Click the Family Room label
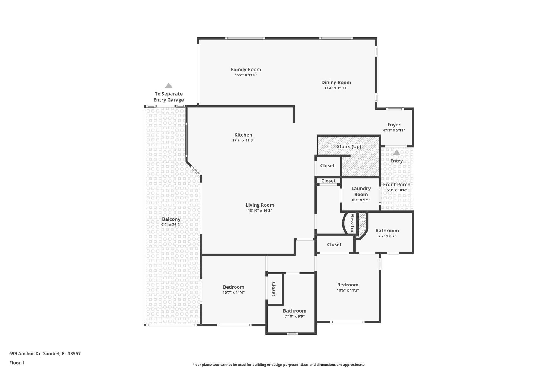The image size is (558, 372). [x=246, y=69]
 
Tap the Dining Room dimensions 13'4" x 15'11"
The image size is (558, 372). [x=336, y=88]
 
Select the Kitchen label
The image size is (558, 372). [x=243, y=135]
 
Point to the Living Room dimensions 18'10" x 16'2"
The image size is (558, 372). [x=260, y=210]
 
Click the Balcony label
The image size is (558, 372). [x=171, y=219]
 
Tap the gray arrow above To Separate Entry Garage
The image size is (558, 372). [x=169, y=86]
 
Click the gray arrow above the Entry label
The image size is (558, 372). [x=396, y=152]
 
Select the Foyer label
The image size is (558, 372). [x=394, y=125]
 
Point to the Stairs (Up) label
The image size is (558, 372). [x=349, y=147]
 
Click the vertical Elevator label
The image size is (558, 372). [x=352, y=223]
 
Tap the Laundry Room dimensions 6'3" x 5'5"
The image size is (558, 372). [x=361, y=200]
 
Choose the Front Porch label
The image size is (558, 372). [x=396, y=185]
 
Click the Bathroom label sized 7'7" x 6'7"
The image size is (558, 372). [x=387, y=231]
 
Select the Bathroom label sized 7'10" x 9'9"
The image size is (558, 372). [x=294, y=311]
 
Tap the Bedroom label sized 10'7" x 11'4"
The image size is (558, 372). [x=233, y=287]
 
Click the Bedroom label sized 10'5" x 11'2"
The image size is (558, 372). [x=348, y=285]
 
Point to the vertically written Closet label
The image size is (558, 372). [x=274, y=289]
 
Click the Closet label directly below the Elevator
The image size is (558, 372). [x=334, y=244]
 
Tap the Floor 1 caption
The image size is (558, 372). [x=17, y=363]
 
